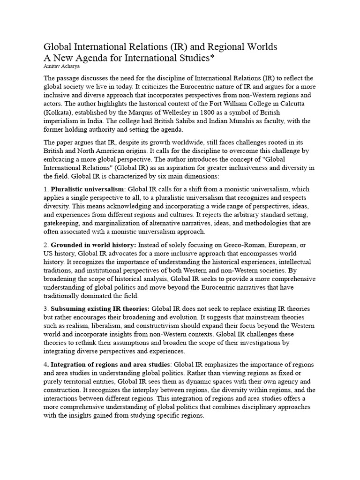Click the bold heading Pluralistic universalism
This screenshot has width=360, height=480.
88,189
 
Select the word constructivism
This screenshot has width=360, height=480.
153,325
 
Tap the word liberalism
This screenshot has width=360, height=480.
103,325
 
